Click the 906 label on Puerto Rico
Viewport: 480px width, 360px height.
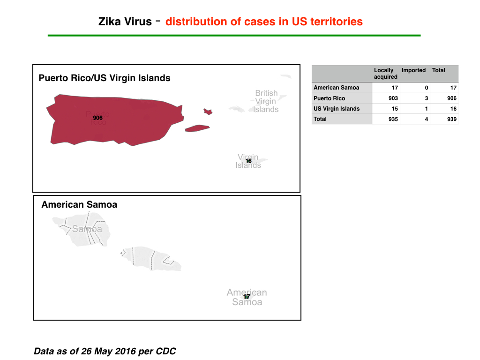coord(97,118)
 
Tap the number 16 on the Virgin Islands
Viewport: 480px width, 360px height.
coord(248,161)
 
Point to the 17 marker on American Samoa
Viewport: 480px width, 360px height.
coord(247,296)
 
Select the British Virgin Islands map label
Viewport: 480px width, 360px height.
coord(266,101)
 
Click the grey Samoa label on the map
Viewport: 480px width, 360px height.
coord(87,229)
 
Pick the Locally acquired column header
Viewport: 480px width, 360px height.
coord(386,74)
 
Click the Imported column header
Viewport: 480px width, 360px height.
coord(413,70)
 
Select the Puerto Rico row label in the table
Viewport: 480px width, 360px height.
coord(330,98)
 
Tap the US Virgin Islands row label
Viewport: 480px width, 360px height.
coord(337,109)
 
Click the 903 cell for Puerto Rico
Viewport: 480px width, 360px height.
coord(393,98)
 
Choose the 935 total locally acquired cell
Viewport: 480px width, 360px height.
coord(393,119)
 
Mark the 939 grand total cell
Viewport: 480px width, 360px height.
coord(452,119)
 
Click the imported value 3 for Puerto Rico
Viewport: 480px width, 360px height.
coord(427,98)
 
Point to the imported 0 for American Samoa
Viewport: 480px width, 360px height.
coord(427,88)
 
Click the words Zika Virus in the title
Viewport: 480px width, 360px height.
coord(125,22)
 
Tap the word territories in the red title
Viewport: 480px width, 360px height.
coord(337,22)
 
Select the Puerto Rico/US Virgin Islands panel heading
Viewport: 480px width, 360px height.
coord(105,78)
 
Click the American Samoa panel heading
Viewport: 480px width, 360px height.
coord(79,204)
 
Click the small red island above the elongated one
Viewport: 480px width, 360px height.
coord(208,112)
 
